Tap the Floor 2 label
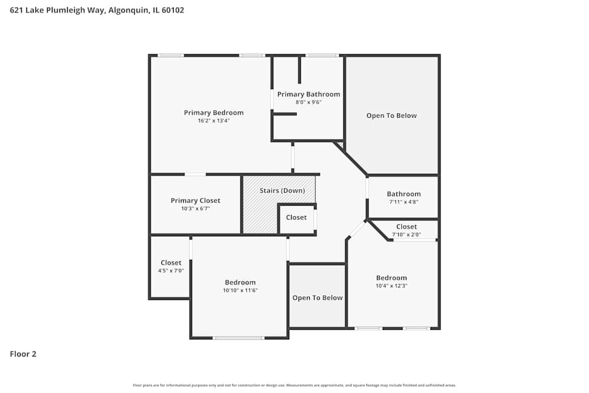[x=23, y=354]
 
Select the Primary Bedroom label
[x=213, y=113]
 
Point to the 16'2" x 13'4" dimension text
[x=213, y=121]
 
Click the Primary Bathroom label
[x=308, y=94]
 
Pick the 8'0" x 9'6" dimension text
[x=308, y=102]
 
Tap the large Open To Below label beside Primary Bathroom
[x=391, y=115]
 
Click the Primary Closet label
[x=195, y=200]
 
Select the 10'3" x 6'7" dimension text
[x=195, y=209]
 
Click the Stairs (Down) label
[x=282, y=190]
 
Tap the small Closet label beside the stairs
[x=296, y=217]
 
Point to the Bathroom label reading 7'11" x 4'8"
[x=403, y=194]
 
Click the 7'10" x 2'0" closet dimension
[x=406, y=234]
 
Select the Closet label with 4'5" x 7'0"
[x=171, y=263]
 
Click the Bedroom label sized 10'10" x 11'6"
[x=240, y=282]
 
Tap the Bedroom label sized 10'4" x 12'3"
[x=391, y=278]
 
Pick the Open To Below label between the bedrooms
[x=317, y=298]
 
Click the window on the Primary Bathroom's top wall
[x=322, y=55]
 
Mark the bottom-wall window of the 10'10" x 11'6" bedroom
[x=238, y=338]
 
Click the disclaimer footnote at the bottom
[x=294, y=385]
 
